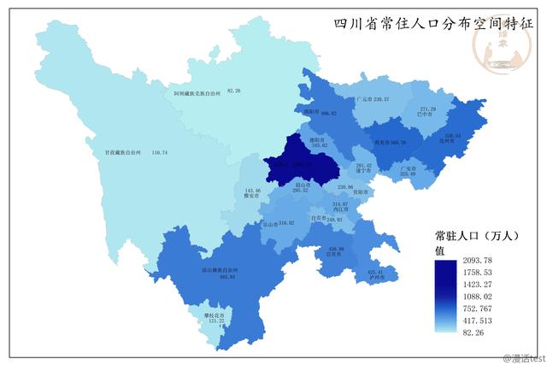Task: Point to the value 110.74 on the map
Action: coord(157,152)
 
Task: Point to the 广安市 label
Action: coord(408,168)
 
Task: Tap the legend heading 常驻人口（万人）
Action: coord(473,234)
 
